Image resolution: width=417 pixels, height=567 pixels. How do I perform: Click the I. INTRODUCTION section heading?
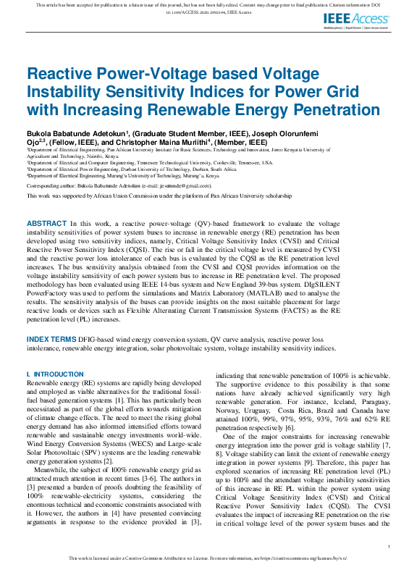coord(55,374)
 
